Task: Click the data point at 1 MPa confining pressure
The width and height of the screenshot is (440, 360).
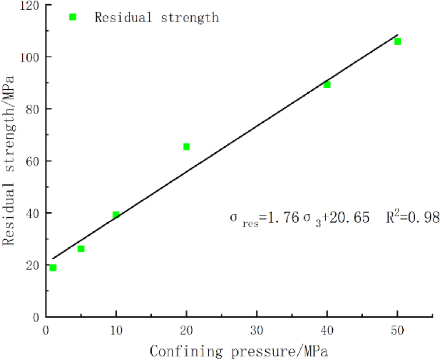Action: (x=53, y=268)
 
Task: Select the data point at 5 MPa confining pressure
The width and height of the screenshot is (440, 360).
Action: (x=81, y=249)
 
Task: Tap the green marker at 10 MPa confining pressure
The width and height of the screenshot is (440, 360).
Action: (x=116, y=215)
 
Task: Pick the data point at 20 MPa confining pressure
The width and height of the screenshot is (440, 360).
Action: (x=186, y=147)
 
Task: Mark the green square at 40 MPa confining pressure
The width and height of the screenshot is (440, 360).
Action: (x=327, y=85)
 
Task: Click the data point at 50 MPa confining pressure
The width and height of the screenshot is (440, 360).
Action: (x=398, y=41)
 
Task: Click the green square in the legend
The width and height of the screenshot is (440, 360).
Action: (x=73, y=17)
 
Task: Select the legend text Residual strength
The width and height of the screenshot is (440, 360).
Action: (x=156, y=18)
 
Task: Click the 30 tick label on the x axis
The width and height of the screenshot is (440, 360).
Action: (x=257, y=331)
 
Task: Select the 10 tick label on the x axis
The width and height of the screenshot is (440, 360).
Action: (x=116, y=331)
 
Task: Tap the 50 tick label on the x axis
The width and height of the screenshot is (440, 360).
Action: (x=398, y=331)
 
